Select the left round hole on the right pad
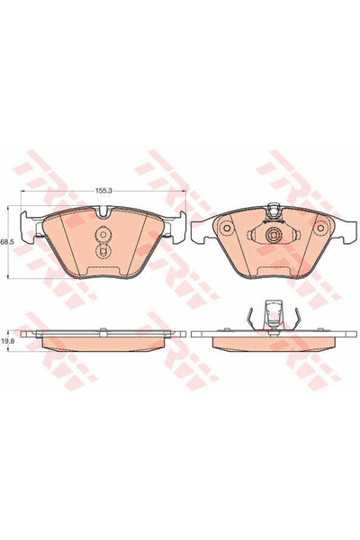pyautogui.click(x=226, y=229)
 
